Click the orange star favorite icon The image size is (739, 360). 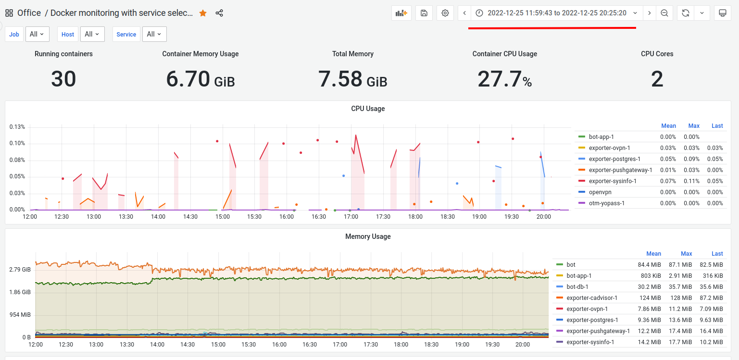203,13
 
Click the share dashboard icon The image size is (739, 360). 219,13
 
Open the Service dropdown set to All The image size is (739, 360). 154,34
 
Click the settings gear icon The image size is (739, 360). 445,13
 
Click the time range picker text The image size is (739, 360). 557,13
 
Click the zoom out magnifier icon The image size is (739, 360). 664,13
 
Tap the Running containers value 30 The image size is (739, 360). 63,79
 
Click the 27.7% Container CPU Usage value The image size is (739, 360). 504,79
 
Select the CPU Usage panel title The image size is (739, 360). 368,109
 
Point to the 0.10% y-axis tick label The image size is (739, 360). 17,143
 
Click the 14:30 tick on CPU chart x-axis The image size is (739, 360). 190,217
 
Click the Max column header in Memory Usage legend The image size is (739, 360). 686,254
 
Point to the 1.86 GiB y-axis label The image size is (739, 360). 20,292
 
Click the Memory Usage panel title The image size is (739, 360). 368,236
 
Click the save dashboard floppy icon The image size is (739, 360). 424,13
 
